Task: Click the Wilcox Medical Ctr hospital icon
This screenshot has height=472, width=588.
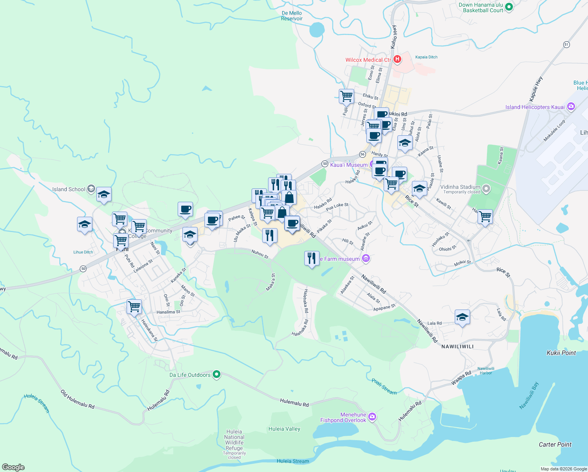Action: pyautogui.click(x=397, y=59)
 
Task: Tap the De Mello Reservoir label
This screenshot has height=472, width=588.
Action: pyautogui.click(x=292, y=16)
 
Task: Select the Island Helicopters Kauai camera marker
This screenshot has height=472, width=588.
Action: pyautogui.click(x=571, y=107)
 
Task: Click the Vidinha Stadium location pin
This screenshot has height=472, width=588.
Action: pyautogui.click(x=486, y=189)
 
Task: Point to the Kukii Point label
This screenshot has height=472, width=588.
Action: pyautogui.click(x=561, y=353)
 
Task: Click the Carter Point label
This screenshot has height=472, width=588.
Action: pyautogui.click(x=555, y=444)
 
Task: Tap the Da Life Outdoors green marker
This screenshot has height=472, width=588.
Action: pyautogui.click(x=217, y=374)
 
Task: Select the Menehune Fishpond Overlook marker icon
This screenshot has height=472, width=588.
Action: pyautogui.click(x=372, y=417)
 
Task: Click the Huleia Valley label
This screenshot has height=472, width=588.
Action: pyautogui.click(x=284, y=429)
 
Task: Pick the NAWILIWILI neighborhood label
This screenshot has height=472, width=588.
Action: pyautogui.click(x=457, y=347)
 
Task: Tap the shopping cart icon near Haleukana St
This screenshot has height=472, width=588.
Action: pyautogui.click(x=134, y=306)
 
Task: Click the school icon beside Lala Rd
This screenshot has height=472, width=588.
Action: pyautogui.click(x=462, y=317)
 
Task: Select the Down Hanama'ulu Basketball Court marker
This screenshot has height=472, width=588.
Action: pyautogui.click(x=509, y=7)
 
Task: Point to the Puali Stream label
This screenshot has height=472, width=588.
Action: pyautogui.click(x=384, y=386)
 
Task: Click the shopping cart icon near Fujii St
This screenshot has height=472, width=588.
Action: pyautogui.click(x=346, y=96)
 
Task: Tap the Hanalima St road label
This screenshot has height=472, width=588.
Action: pyautogui.click(x=168, y=312)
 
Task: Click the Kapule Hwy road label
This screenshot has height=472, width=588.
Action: pyautogui.click(x=536, y=88)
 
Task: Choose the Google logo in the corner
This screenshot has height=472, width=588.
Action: pyautogui.click(x=13, y=467)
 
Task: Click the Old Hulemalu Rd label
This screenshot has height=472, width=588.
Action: pyautogui.click(x=77, y=399)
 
